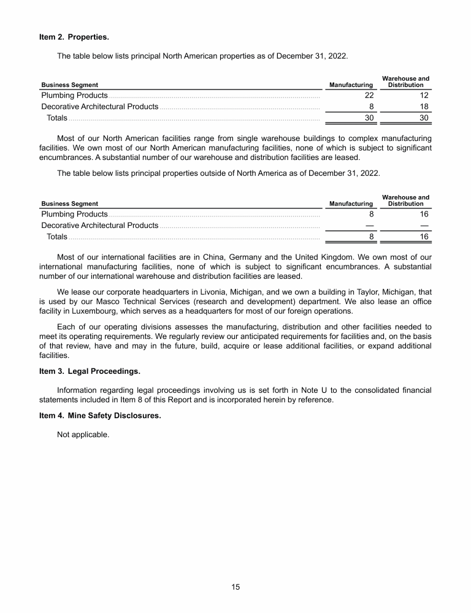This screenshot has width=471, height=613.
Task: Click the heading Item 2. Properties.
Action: [x=74, y=37]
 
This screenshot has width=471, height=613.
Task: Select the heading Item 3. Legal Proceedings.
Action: [x=91, y=372]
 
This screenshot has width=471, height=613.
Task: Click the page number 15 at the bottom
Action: [x=235, y=587]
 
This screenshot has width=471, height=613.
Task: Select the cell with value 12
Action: [x=424, y=95]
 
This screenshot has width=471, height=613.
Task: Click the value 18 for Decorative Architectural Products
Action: [x=424, y=106]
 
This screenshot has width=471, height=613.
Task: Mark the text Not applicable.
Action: [x=83, y=435]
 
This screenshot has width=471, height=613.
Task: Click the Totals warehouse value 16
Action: [x=424, y=237]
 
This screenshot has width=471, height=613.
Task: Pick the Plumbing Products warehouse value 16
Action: [x=424, y=214]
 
